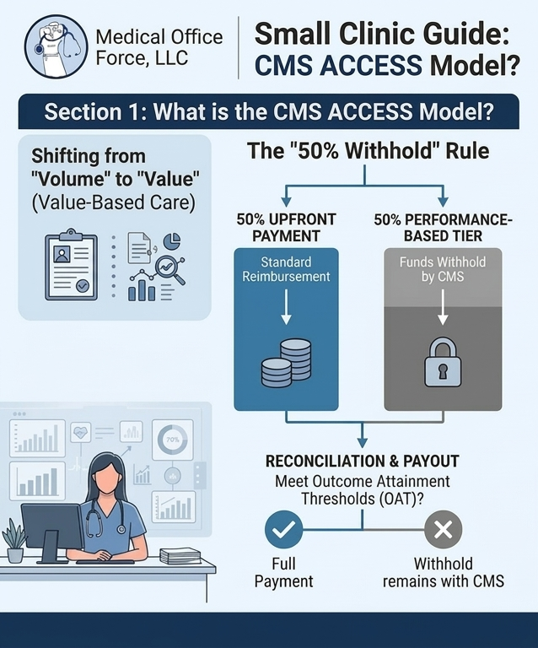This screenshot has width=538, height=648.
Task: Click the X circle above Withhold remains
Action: click(x=442, y=530)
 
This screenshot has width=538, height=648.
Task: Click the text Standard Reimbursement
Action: click(x=286, y=269)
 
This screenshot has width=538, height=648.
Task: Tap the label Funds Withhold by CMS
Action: click(x=442, y=269)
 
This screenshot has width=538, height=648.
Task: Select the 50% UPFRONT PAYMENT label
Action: click(x=286, y=227)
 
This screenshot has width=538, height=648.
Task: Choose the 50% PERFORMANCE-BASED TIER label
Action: click(x=442, y=227)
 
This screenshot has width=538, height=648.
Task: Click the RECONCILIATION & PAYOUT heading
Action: click(x=363, y=462)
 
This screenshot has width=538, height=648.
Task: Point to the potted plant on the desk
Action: click(x=14, y=542)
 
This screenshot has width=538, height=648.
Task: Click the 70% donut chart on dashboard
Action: click(x=172, y=440)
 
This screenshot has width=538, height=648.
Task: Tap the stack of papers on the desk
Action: click(x=180, y=556)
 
